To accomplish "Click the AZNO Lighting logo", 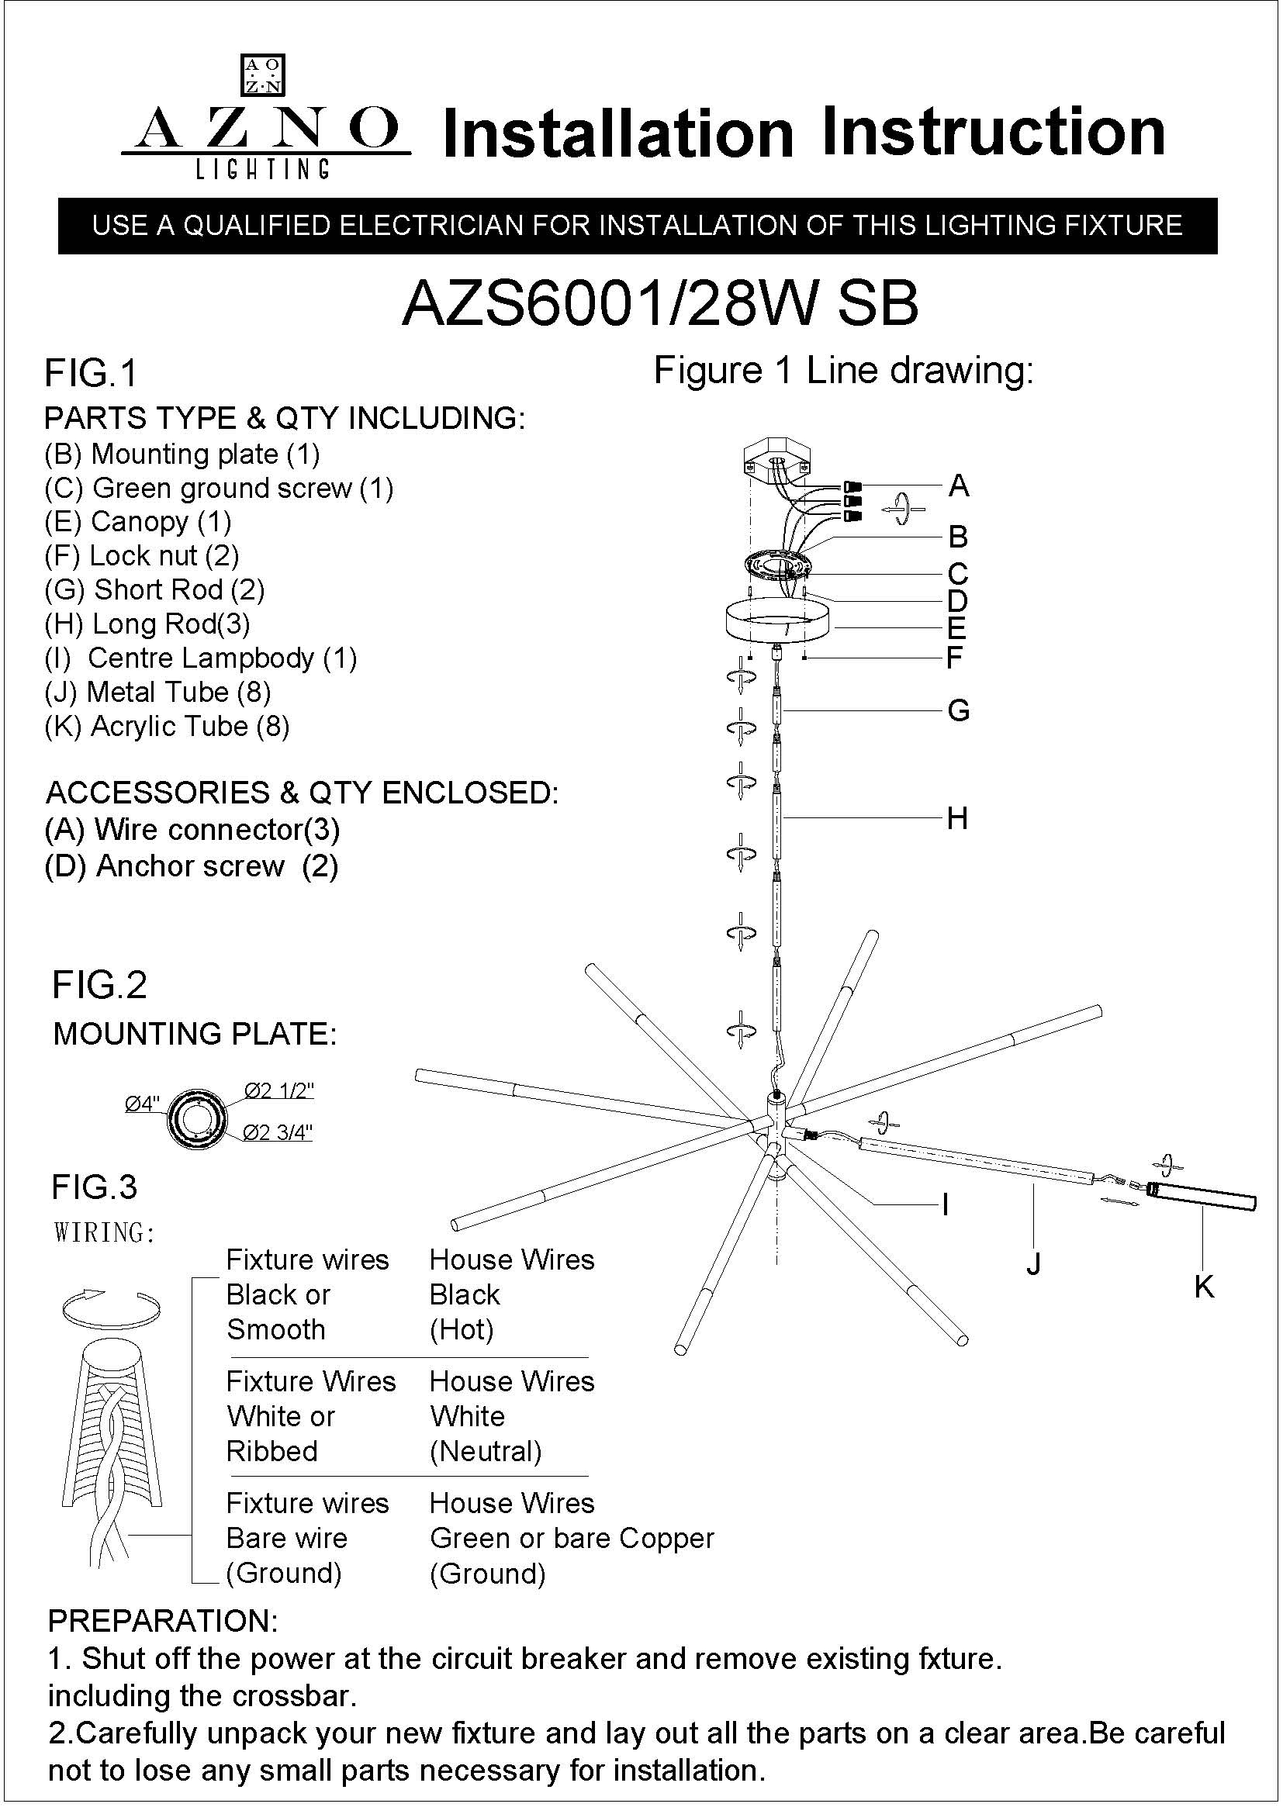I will click(265, 119).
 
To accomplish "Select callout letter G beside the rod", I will click(958, 711).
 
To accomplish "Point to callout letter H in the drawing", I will click(957, 818).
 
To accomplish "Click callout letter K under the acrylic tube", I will click(1204, 1287).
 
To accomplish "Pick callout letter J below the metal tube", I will click(1032, 1263).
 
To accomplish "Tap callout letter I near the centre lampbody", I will click(946, 1205).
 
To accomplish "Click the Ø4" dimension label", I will click(142, 1104).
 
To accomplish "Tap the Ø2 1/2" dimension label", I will click(279, 1090).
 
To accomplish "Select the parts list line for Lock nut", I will click(142, 556).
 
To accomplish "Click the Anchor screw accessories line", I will click(192, 867).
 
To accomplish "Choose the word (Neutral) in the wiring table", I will click(486, 1450).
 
